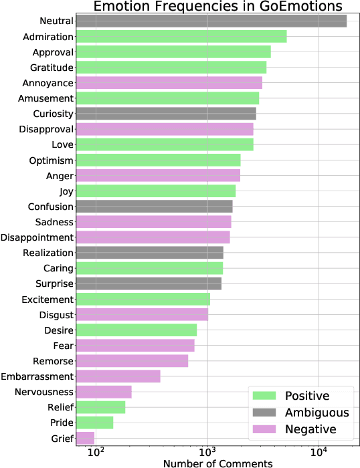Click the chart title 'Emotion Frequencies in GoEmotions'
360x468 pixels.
coord(217,7)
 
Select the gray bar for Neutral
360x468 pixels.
coord(211,21)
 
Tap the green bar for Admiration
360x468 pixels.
coord(181,36)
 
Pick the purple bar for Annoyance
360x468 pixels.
coord(169,83)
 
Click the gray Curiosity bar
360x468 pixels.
coord(165,114)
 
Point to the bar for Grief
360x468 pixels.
coord(85,438)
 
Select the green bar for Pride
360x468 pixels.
coord(94,423)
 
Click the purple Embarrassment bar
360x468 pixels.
coord(118,376)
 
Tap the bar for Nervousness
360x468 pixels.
coord(104,392)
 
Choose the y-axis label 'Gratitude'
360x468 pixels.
coord(52,68)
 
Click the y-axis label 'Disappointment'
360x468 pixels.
coord(37,237)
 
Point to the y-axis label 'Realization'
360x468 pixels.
coord(48,253)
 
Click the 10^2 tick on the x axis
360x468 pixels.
coord(96,453)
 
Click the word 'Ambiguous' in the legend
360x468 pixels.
coord(317,413)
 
